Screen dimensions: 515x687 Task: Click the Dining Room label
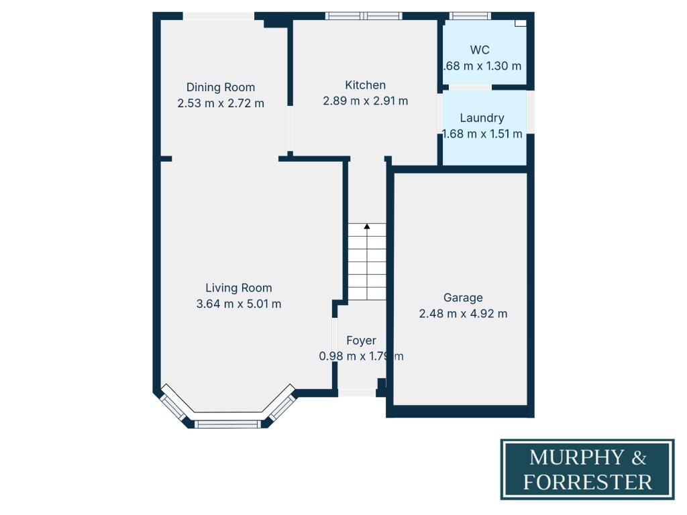coord(220,87)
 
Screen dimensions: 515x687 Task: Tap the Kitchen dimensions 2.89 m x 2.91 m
coord(366,101)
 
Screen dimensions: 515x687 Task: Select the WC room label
coord(480,50)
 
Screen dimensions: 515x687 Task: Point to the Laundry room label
coord(482,118)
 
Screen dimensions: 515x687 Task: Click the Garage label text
coord(463,298)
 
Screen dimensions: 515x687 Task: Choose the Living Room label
coord(238,288)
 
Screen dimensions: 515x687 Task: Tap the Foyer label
coord(361,341)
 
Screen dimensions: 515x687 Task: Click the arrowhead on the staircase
coord(366,227)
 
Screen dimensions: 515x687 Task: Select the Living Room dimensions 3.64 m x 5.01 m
coord(238,304)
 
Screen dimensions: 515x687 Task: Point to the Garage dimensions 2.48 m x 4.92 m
coord(463,313)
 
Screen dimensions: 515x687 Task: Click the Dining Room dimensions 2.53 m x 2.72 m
coord(220,103)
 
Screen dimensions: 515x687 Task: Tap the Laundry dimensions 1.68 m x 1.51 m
coord(482,134)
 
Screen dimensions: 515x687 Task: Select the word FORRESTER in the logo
coord(588,481)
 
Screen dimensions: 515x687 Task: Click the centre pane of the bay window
coord(227,424)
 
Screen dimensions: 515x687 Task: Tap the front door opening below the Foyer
coord(357,393)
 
